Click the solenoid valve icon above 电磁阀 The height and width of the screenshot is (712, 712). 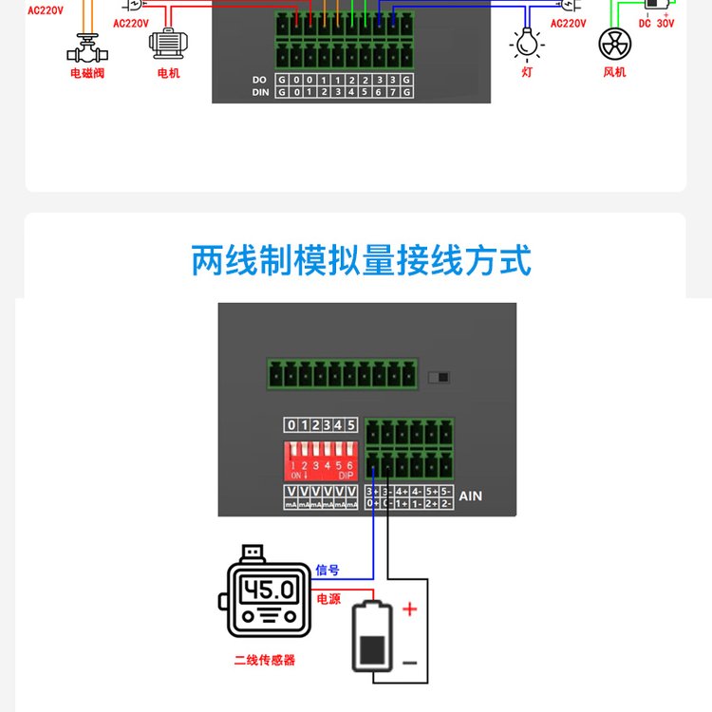[x=86, y=46]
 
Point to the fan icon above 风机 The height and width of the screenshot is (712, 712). [x=615, y=44]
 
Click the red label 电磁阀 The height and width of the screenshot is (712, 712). [x=86, y=72]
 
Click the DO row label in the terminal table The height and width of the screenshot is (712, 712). [x=260, y=79]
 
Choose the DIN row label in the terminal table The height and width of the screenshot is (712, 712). [x=260, y=92]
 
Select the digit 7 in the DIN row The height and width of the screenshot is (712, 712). [x=392, y=92]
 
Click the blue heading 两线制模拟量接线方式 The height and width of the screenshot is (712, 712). [x=361, y=259]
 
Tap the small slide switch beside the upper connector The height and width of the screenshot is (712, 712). [x=438, y=377]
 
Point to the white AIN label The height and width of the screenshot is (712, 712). [x=471, y=496]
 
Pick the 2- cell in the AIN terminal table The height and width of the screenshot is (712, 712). [x=445, y=503]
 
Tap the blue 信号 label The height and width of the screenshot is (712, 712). [x=327, y=571]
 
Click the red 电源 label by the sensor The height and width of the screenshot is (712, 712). [x=328, y=599]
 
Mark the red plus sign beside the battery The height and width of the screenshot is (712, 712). [x=410, y=609]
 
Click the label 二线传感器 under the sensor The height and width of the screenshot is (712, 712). [x=265, y=660]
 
